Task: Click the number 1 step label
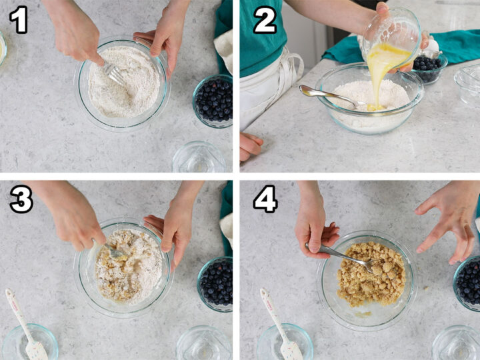click(x=19, y=19)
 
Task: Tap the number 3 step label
click(x=21, y=200)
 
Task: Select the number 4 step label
click(x=265, y=200)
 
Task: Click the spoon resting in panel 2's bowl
click(x=327, y=97)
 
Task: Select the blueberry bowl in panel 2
click(x=427, y=67)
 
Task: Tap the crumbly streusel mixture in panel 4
click(x=371, y=273)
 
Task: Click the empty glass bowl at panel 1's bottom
click(x=199, y=159)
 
